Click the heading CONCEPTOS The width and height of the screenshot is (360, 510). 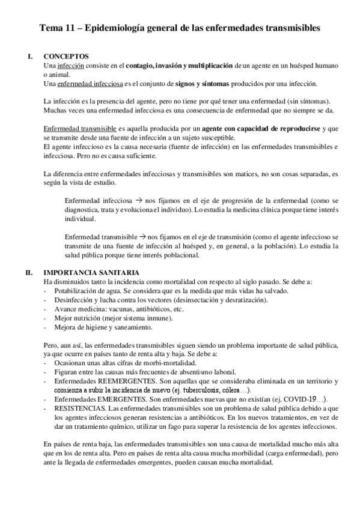click(67, 56)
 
